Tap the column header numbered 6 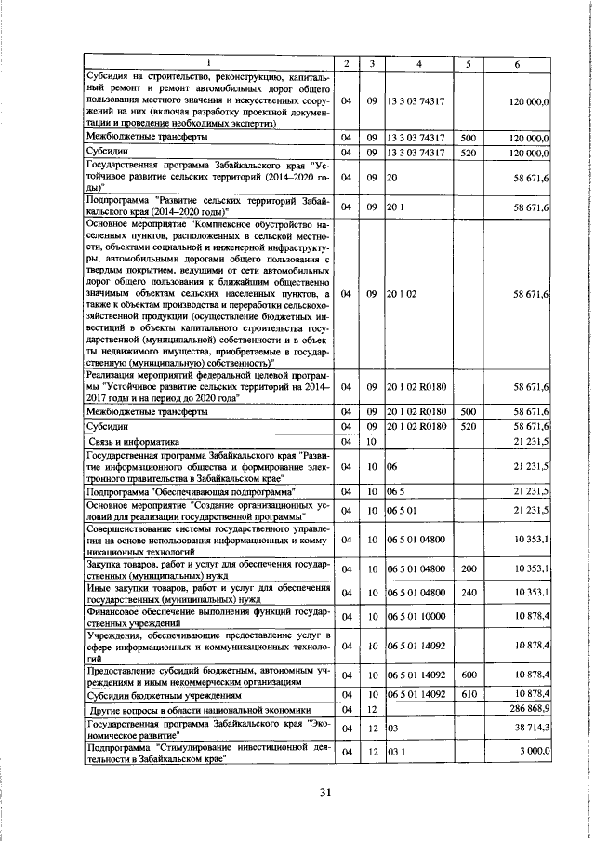click(518, 63)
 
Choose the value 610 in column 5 click(468, 694)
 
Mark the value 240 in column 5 click(468, 592)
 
